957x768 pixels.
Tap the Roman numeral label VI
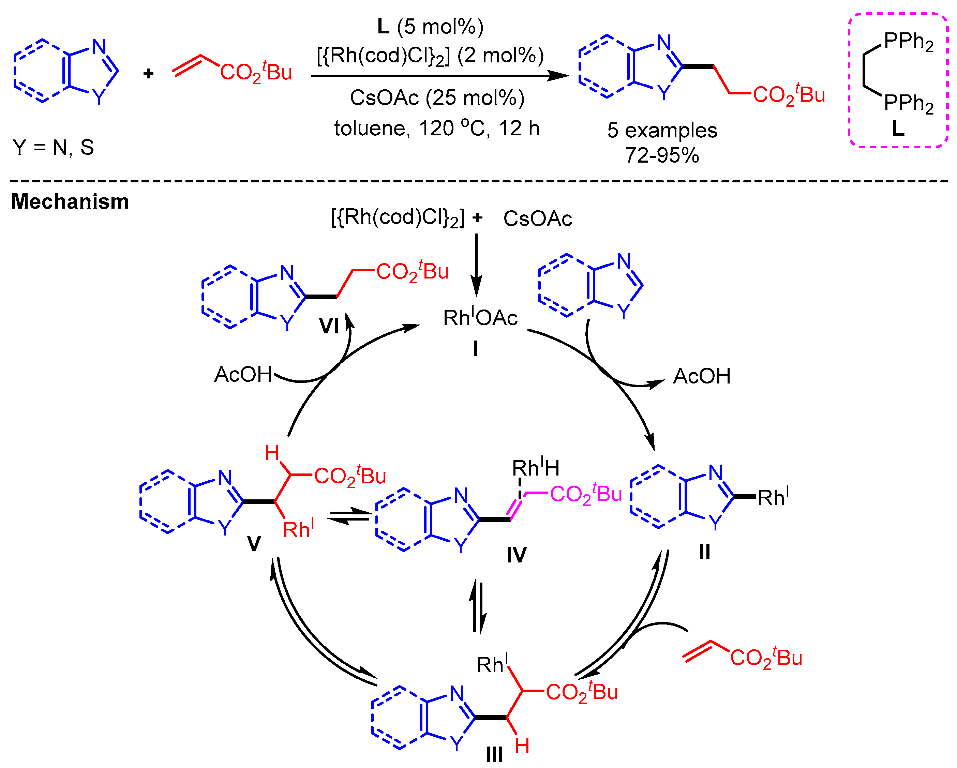pyautogui.click(x=329, y=326)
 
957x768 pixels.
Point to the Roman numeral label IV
pyautogui.click(x=517, y=555)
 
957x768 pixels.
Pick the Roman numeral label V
pyautogui.click(x=254, y=543)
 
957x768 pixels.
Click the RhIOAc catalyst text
pyautogui.click(x=480, y=318)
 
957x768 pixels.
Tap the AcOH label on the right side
pyautogui.click(x=702, y=376)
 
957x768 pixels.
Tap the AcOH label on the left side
pyautogui.click(x=243, y=375)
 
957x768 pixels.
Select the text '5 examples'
pyautogui.click(x=662, y=131)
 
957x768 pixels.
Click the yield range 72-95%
pyautogui.click(x=662, y=155)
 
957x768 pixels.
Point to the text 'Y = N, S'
pyautogui.click(x=53, y=147)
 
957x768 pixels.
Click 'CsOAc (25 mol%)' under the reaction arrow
pyautogui.click(x=437, y=98)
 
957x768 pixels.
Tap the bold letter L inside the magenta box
pyautogui.click(x=898, y=129)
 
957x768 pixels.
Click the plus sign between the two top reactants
pyautogui.click(x=148, y=73)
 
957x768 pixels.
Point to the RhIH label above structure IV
pyautogui.click(x=535, y=468)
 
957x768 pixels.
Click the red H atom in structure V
pyautogui.click(x=272, y=453)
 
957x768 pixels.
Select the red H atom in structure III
pyautogui.click(x=522, y=746)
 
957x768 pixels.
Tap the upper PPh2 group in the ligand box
pyautogui.click(x=908, y=41)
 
